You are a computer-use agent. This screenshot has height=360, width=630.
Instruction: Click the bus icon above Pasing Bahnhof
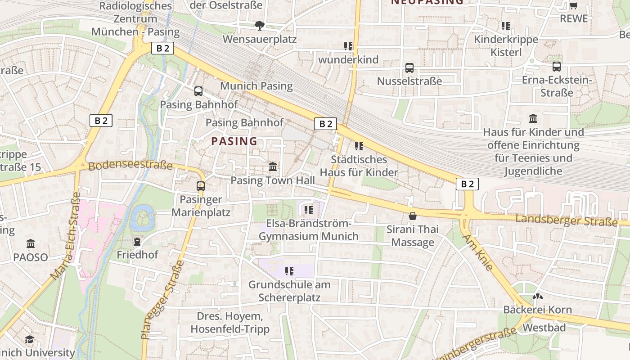point(198,91)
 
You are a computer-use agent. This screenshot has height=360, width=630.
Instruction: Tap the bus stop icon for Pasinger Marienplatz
point(201,186)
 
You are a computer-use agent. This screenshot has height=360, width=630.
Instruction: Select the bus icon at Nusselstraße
point(409,68)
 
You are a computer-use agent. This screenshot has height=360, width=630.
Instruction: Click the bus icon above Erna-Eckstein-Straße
point(557,67)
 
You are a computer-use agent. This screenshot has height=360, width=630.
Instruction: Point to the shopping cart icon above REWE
point(573,5)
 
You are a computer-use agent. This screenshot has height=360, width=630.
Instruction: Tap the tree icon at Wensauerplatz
point(259,26)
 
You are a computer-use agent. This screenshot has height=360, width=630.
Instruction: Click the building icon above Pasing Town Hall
point(273,167)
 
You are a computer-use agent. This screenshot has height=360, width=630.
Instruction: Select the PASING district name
point(234,141)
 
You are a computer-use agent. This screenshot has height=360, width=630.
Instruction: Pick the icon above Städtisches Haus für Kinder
point(359,146)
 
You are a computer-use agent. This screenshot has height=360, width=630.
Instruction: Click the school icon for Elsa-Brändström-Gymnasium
point(308,210)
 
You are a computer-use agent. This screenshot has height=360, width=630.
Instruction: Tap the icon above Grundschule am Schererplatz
point(289,271)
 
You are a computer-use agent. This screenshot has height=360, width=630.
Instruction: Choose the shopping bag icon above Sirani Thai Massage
point(412,216)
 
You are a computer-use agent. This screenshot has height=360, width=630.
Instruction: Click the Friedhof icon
point(137,242)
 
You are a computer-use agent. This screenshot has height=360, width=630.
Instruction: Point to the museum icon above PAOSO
point(31,244)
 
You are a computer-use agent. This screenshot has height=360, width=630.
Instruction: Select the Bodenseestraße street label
point(130,165)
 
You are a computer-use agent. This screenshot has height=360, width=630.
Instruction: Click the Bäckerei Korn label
point(537,310)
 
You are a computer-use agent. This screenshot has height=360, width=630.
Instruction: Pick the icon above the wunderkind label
point(348,46)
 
